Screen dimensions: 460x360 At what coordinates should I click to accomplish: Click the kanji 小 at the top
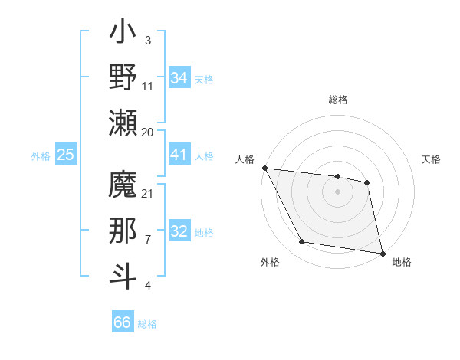[123, 35]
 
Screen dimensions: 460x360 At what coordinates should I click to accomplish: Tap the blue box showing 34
[179, 77]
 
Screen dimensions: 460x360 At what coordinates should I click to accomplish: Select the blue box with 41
[179, 155]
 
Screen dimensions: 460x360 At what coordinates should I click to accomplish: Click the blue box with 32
[179, 231]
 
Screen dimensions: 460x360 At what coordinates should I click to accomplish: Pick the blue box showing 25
[66, 155]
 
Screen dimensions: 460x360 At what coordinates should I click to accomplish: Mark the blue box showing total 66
[123, 322]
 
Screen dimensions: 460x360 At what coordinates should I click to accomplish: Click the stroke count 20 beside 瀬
[148, 132]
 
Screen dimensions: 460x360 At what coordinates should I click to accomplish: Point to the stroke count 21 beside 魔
[148, 193]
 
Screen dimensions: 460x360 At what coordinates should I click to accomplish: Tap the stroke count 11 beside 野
[148, 87]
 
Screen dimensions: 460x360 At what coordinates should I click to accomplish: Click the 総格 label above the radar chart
[338, 100]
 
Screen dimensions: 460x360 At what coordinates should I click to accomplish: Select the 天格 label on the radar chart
[431, 159]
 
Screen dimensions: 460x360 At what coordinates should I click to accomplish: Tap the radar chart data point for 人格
[264, 169]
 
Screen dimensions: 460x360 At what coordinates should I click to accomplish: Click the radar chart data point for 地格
[382, 252]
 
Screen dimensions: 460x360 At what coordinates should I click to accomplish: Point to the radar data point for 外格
[302, 242]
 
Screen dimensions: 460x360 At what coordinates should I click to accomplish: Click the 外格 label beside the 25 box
[41, 155]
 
